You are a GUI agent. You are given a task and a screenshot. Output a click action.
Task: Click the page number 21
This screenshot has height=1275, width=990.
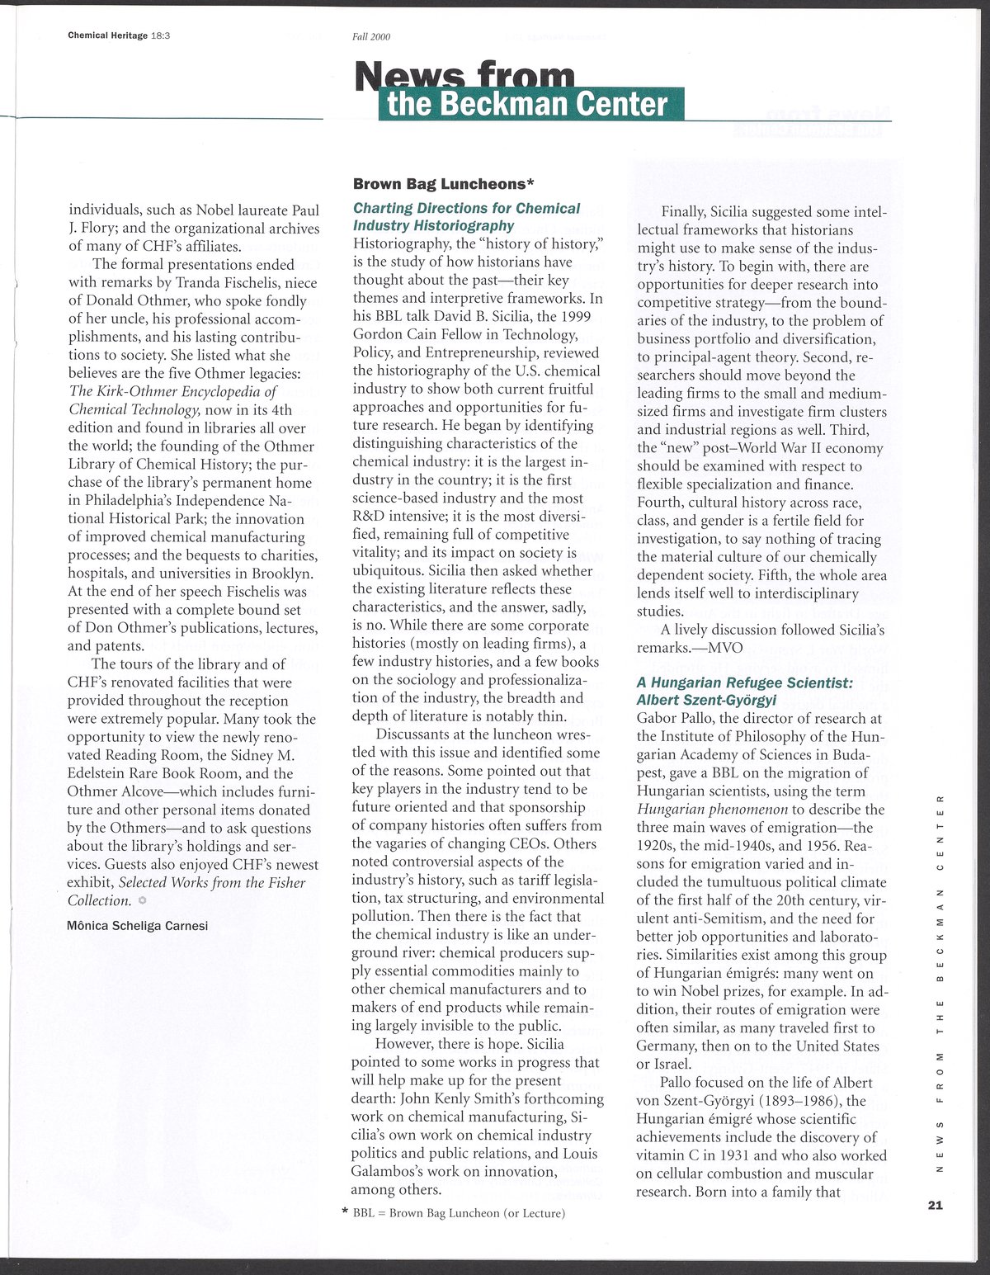pyautogui.click(x=934, y=1205)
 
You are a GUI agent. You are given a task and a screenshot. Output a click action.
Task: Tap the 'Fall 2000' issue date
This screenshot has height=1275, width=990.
pyautogui.click(x=371, y=36)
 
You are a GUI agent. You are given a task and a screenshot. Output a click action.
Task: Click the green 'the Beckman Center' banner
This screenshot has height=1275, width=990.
pyautogui.click(x=531, y=105)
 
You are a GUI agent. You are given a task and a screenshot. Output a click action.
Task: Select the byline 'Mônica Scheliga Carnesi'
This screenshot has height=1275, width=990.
pyautogui.click(x=138, y=925)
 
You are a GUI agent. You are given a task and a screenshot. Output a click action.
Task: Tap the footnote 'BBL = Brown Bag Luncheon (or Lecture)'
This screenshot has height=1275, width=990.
pyautogui.click(x=459, y=1213)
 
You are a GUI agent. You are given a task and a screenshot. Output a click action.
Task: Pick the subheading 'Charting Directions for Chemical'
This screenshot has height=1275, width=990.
pyautogui.click(x=466, y=208)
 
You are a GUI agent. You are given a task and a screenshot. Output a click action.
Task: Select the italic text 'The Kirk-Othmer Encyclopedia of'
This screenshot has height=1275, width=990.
pyautogui.click(x=173, y=392)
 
